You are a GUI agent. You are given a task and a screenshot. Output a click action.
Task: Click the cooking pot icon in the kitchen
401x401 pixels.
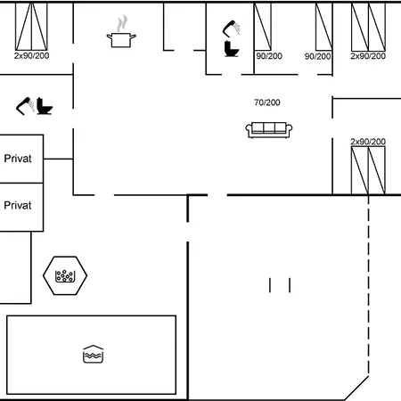click(x=122, y=39)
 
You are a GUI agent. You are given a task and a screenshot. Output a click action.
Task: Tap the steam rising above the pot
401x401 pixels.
click(x=123, y=22)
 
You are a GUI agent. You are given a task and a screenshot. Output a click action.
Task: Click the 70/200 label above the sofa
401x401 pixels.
click(x=267, y=102)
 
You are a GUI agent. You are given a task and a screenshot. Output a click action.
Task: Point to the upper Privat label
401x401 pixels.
click(x=18, y=159)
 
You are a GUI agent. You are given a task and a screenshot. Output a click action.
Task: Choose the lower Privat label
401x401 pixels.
click(x=18, y=205)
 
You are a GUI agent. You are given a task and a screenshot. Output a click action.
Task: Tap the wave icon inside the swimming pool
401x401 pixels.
click(x=94, y=354)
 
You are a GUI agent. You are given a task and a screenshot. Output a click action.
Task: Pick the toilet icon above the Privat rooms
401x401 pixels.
click(x=45, y=106)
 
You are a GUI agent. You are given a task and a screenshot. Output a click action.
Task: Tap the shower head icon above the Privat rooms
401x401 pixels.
click(x=25, y=105)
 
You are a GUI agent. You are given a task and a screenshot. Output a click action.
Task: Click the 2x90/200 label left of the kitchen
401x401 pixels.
click(x=32, y=55)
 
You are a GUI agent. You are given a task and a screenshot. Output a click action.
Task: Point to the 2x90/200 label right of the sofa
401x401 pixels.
click(x=368, y=142)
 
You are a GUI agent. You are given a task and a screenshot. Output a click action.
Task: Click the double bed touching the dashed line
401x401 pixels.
click(x=368, y=171)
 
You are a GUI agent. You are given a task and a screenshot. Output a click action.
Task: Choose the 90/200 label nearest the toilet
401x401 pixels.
click(x=269, y=55)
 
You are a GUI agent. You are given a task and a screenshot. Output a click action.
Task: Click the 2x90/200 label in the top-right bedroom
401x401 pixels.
click(x=368, y=55)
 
